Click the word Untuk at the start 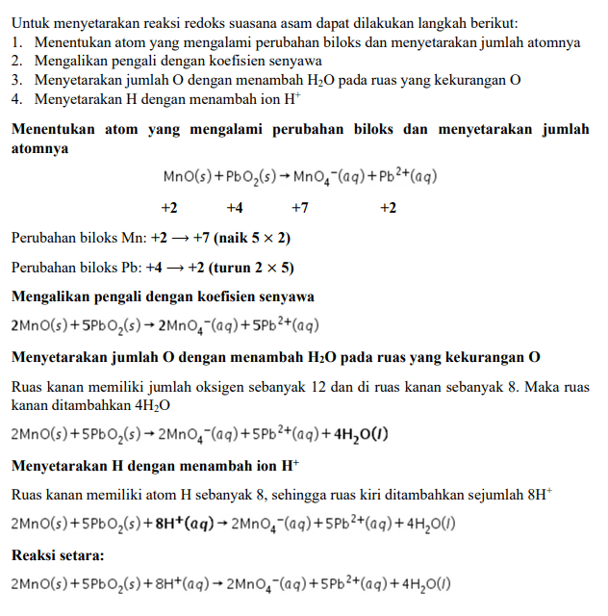coord(30,20)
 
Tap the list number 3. coord(16,80)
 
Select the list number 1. coord(16,42)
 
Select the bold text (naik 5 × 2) coord(254,237)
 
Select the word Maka coord(527,387)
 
